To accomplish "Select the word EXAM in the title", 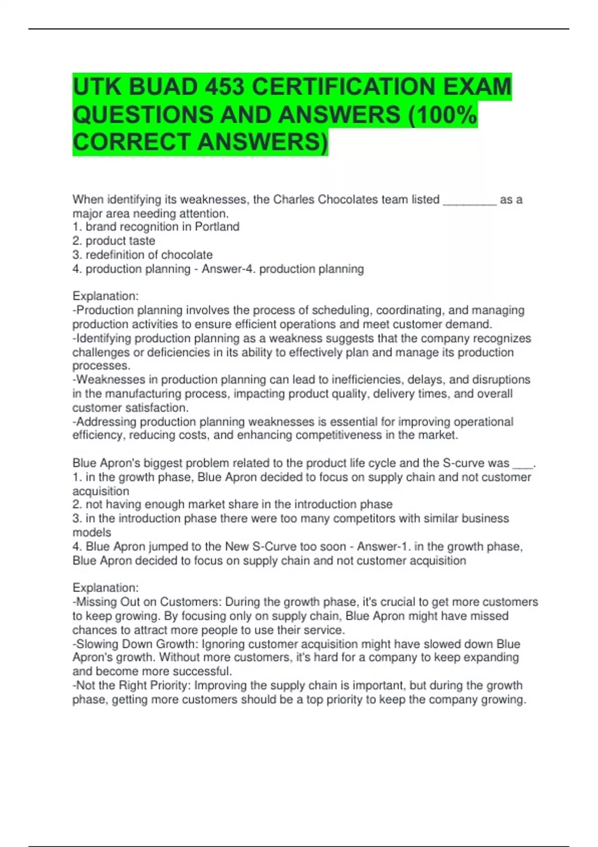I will click(x=476, y=87).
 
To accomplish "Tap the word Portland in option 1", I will click(x=217, y=227).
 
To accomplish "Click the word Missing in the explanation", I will click(x=96, y=602).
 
